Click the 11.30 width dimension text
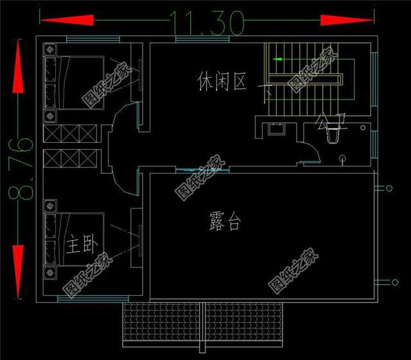tap(207, 23)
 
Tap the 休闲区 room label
tap(222, 82)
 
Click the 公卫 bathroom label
tap(330, 123)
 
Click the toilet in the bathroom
tap(334, 136)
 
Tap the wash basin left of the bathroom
tap(278, 128)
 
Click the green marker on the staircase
tap(278, 59)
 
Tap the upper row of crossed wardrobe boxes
tap(71, 134)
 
